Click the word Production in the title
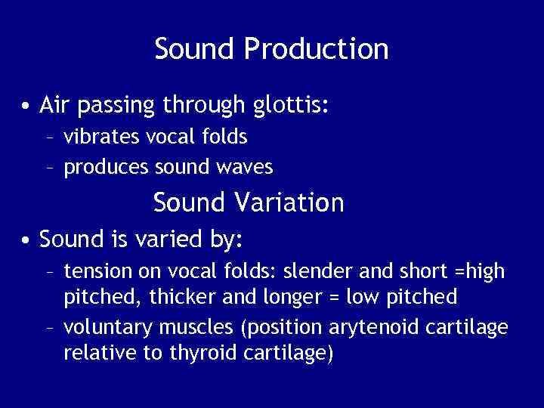coord(316,50)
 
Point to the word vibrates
coord(97,137)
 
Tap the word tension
coord(97,270)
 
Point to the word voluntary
coord(104,327)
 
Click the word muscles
coord(187,327)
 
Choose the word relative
coord(94,353)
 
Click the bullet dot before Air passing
coord(26,105)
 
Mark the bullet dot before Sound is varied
coord(26,240)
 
